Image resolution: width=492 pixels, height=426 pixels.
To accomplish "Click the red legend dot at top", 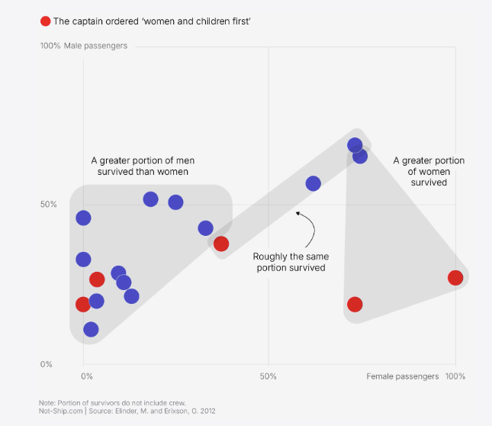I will [x=45, y=21].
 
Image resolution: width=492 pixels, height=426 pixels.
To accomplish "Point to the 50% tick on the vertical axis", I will [x=48, y=205].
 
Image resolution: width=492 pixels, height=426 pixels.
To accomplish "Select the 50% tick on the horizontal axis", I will [x=268, y=376].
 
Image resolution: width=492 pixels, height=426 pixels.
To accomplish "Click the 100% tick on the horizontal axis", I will [x=455, y=376].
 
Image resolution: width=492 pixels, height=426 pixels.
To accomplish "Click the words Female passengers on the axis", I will [x=403, y=376].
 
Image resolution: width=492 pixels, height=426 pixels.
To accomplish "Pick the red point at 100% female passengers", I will [x=455, y=278].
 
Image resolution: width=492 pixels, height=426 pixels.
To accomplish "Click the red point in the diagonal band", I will [x=221, y=244].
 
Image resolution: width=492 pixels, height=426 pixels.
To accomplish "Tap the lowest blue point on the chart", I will [x=91, y=330].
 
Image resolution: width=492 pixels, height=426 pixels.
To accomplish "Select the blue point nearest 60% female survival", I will [x=314, y=183].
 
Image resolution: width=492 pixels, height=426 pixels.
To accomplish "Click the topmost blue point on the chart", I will [x=355, y=145].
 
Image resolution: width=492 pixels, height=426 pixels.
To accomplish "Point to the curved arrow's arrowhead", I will [x=297, y=214].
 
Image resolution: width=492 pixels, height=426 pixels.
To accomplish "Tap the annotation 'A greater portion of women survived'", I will [x=429, y=172].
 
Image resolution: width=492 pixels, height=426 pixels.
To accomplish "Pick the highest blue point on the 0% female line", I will [x=83, y=218].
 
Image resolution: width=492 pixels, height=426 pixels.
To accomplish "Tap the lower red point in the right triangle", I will [x=355, y=305].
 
